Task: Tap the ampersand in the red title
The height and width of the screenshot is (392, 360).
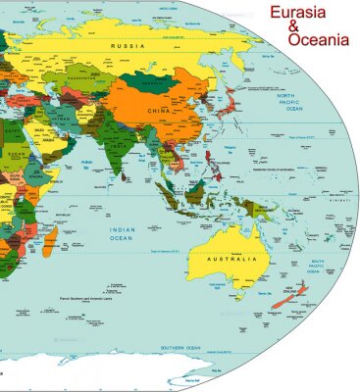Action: [293, 27]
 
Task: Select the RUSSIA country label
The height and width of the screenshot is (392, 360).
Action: [128, 46]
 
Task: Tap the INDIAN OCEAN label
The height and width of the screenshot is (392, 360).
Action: [122, 234]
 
